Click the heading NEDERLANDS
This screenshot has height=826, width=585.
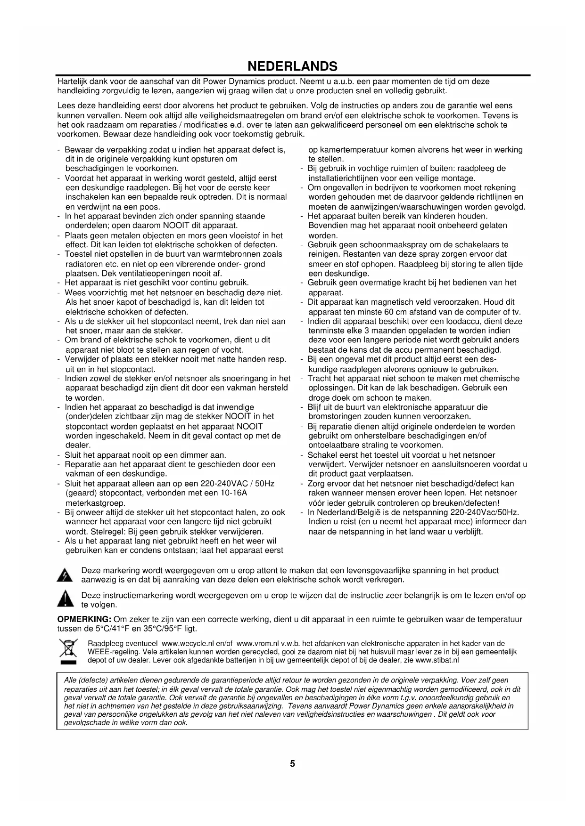[x=292, y=66]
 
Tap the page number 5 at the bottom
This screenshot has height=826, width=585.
[x=292, y=763]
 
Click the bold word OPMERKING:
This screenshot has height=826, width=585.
[x=84, y=619]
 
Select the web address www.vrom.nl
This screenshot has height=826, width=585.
[x=257, y=643]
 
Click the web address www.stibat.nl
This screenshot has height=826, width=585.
[x=437, y=660]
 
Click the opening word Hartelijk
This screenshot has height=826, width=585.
[x=72, y=81]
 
